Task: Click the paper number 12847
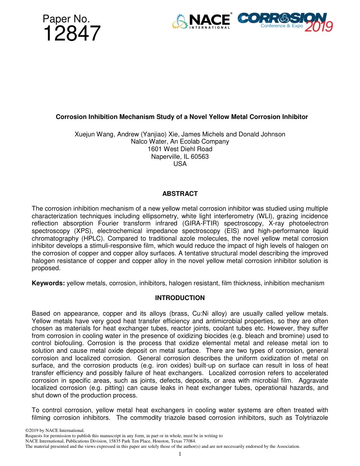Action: [72, 34]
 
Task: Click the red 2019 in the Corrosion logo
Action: [319, 26]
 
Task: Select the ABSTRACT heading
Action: [180, 194]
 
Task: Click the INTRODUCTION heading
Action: [180, 298]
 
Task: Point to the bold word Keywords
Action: [48, 283]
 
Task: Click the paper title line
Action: [182, 117]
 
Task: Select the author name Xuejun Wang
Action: [93, 134]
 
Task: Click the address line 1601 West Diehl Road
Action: [180, 149]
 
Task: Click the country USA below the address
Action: [180, 164]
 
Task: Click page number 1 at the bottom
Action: [180, 453]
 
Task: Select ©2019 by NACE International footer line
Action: [55, 431]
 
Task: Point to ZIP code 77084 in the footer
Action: [189, 441]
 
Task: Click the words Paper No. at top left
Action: [66, 19]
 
